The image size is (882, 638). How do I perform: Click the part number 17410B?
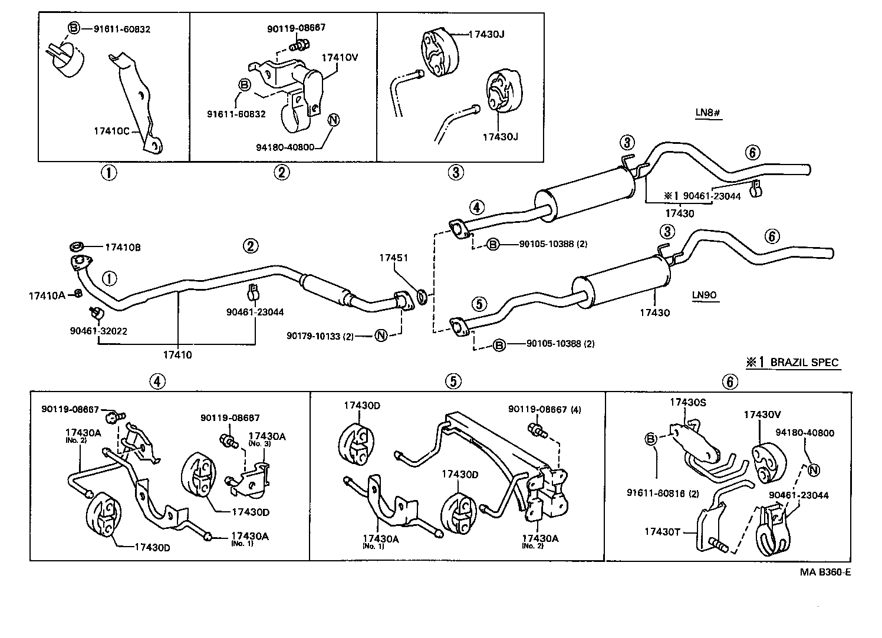pos(123,247)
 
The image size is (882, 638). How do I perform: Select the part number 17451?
pos(393,258)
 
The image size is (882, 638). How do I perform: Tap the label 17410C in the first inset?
pos(111,131)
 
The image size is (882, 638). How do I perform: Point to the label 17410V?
pos(340,58)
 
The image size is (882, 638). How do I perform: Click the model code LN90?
pos(705,295)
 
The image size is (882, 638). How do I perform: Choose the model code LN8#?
pos(707,112)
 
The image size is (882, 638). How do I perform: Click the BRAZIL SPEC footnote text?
pos(804,362)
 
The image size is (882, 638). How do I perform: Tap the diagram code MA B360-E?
pos(825,572)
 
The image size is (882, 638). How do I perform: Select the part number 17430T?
pos(662,532)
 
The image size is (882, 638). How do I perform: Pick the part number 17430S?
pos(688,402)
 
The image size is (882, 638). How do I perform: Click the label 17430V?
pos(762,415)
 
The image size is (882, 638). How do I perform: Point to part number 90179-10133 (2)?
pos(320,336)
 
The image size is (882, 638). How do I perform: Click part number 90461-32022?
pos(98,331)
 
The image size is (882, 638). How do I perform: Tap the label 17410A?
pos(47,296)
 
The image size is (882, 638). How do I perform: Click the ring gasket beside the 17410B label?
pos(76,247)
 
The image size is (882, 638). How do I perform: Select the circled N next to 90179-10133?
pos(381,336)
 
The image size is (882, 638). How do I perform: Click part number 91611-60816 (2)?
pos(663,494)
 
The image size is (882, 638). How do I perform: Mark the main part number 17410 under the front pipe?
pos(177,355)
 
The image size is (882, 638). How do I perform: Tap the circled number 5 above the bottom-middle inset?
pos(453,382)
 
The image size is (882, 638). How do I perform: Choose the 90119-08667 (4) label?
pos(545,409)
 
